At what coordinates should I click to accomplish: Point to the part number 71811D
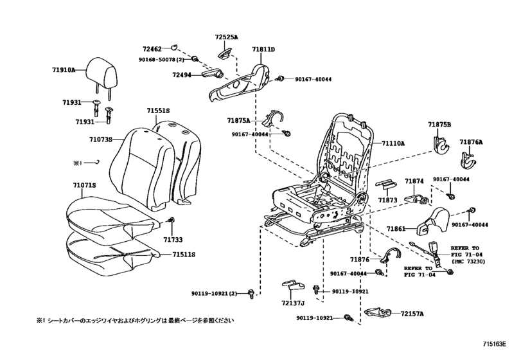click(263, 49)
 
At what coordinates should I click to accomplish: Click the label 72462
click(152, 48)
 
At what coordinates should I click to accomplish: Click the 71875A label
click(239, 120)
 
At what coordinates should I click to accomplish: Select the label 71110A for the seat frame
click(393, 144)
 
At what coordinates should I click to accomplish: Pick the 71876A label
click(471, 142)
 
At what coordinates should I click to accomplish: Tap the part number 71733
click(172, 239)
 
